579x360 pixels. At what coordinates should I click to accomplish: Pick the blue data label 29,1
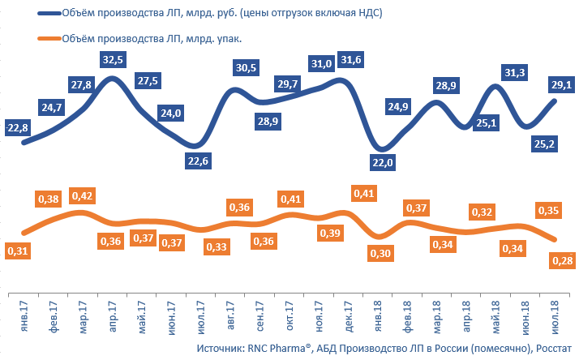559,84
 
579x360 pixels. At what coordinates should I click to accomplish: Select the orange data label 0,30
381,253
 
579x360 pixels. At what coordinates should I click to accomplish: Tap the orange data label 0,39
330,234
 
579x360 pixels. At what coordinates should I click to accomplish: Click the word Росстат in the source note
553,349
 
